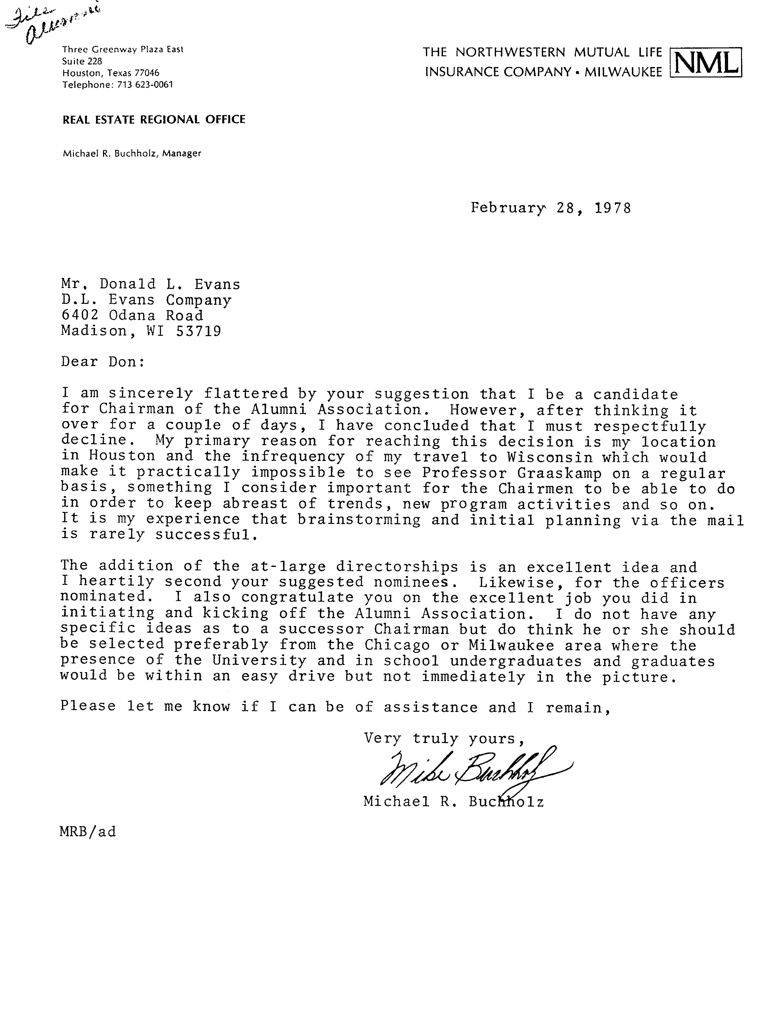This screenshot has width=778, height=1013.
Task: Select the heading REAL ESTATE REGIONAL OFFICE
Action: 154,120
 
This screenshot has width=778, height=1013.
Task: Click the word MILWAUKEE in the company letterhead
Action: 623,72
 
